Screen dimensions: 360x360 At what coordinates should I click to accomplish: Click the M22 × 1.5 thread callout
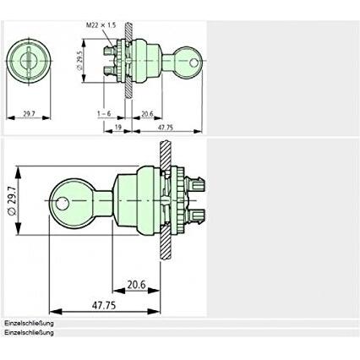pyautogui.click(x=101, y=25)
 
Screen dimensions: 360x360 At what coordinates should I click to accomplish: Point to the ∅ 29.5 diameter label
pyautogui.click(x=79, y=61)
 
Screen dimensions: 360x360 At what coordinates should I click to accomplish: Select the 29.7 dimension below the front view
pyautogui.click(x=29, y=114)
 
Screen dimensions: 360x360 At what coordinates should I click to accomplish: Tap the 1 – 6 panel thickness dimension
pyautogui.click(x=104, y=114)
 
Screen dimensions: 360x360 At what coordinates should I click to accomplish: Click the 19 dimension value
pyautogui.click(x=118, y=128)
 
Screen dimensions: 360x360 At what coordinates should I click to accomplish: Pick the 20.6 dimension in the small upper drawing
pyautogui.click(x=147, y=114)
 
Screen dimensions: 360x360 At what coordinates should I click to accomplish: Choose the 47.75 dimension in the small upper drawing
pyautogui.click(x=165, y=128)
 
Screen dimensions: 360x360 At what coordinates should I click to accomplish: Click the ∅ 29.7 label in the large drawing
pyautogui.click(x=12, y=200)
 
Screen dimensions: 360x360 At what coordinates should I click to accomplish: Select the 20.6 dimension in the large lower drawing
pyautogui.click(x=136, y=285)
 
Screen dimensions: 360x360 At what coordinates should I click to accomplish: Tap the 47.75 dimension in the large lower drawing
pyautogui.click(x=104, y=305)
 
